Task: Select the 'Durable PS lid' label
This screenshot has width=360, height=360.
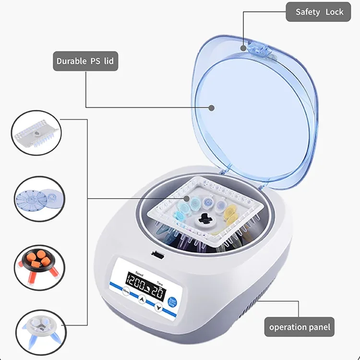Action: tap(85, 61)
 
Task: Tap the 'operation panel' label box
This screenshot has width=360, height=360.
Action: tap(300, 327)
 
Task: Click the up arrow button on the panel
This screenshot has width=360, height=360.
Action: tap(142, 299)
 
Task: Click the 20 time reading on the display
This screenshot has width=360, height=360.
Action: tap(159, 291)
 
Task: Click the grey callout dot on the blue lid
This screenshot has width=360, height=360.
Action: tap(211, 107)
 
